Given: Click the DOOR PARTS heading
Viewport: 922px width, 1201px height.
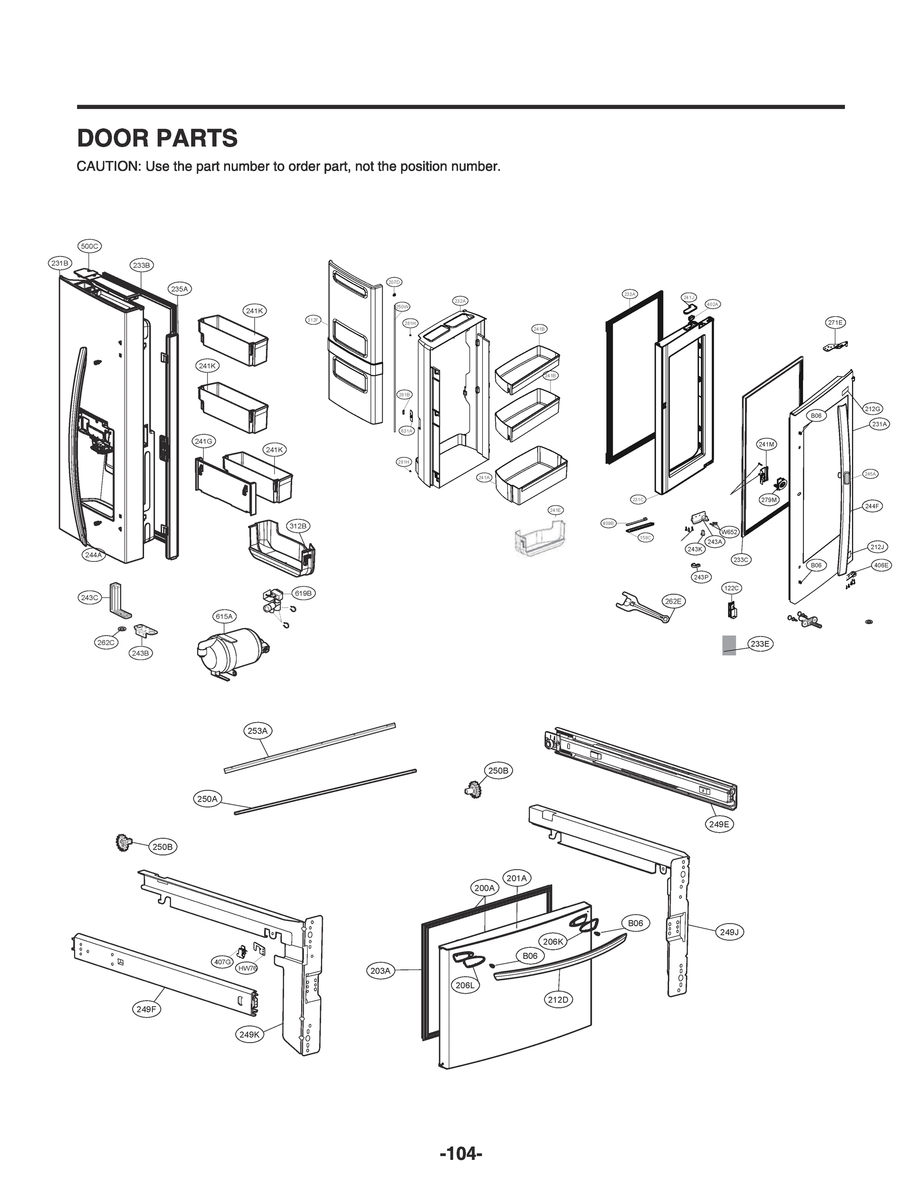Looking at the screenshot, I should click(x=157, y=138).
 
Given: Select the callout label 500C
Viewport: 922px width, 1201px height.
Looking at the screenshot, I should click(x=90, y=247).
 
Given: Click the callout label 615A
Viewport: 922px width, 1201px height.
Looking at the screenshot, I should click(x=224, y=617).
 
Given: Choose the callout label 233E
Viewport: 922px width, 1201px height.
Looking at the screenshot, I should click(x=759, y=645).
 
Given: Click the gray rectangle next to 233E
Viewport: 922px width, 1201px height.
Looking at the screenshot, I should click(x=729, y=645).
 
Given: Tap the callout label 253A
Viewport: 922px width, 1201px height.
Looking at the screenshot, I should click(x=258, y=731).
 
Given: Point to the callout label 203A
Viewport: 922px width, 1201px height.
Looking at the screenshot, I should click(x=380, y=971).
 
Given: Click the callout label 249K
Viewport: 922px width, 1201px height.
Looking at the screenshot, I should click(x=250, y=1035).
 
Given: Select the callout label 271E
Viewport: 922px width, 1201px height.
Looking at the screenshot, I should click(x=835, y=323).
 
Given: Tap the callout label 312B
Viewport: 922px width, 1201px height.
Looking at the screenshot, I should click(x=298, y=526).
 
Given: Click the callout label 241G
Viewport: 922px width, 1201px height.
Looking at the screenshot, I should click(x=204, y=441).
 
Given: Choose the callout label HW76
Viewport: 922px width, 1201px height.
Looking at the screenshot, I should click(x=247, y=968).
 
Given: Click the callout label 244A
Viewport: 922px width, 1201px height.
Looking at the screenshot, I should click(x=93, y=555).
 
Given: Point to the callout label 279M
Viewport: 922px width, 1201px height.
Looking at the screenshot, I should click(x=769, y=500).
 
